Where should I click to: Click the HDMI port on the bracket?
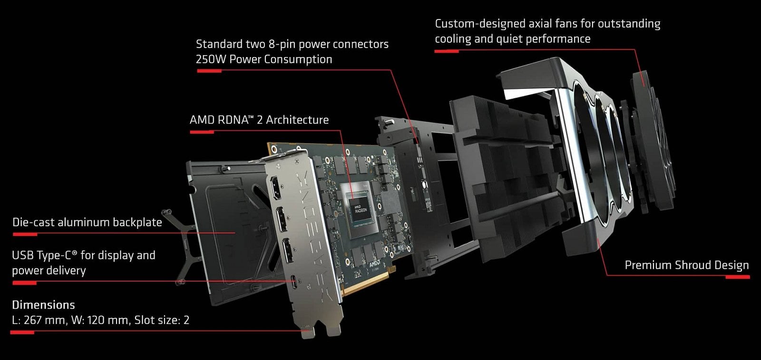276,188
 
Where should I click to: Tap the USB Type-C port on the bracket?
296,282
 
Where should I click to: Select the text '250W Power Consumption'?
263,59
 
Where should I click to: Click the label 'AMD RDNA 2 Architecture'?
259,120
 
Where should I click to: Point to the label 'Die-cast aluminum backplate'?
87,223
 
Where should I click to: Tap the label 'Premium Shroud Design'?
686,265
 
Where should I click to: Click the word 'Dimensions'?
43,305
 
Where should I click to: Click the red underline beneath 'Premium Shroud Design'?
737,277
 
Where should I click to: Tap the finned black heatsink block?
504,176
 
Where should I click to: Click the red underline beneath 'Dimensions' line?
22,332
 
